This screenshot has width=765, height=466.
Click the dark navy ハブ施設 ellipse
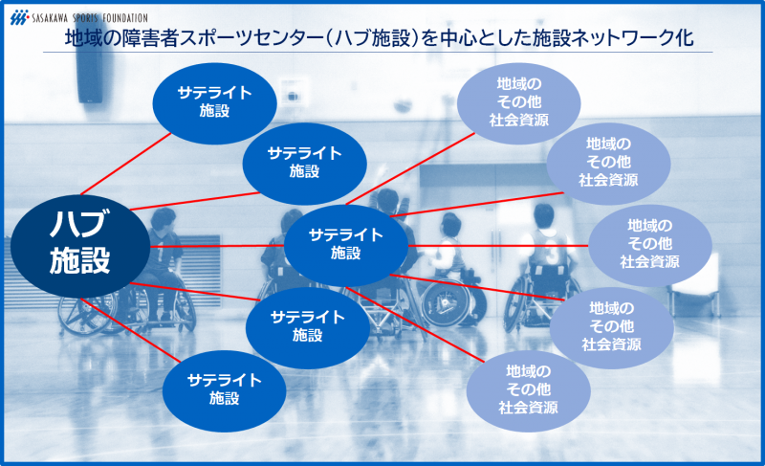(x=80, y=247)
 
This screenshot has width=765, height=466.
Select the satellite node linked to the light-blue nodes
(x=346, y=245)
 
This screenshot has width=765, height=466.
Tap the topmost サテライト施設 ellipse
(x=214, y=103)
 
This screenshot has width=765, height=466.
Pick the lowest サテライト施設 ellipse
(x=224, y=390)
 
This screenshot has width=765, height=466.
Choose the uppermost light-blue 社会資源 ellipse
(x=518, y=103)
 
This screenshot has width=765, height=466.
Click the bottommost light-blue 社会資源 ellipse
(x=529, y=390)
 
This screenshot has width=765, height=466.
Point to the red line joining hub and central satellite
(x=217, y=246)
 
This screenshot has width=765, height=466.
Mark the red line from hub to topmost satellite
(x=126, y=164)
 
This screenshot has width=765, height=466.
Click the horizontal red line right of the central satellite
(x=498, y=246)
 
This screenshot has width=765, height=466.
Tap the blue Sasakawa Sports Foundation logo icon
(x=19, y=17)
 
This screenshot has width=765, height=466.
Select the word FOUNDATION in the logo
(x=124, y=18)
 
